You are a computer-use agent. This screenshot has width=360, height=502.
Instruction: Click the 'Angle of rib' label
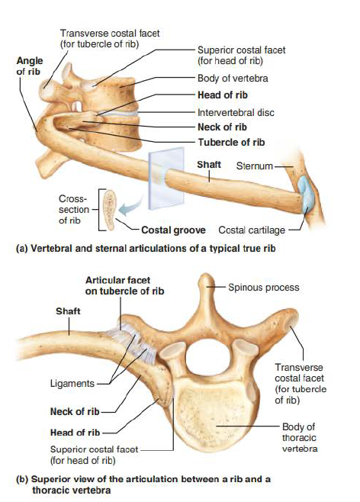(x=30, y=66)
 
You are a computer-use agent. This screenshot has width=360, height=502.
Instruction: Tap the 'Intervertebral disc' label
(x=236, y=112)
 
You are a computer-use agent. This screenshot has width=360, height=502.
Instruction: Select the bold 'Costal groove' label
(x=173, y=230)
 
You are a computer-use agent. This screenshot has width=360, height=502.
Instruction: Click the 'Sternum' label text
(x=255, y=166)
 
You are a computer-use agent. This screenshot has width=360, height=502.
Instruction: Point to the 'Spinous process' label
(x=264, y=287)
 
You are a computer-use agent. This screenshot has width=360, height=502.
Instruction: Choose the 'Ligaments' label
(x=72, y=383)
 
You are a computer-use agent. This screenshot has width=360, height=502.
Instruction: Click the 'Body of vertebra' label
(x=233, y=79)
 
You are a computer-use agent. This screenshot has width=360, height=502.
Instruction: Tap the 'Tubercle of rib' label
(x=231, y=142)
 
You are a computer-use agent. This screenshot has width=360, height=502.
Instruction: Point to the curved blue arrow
(x=130, y=208)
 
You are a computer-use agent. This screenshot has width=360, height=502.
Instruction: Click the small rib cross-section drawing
(x=110, y=209)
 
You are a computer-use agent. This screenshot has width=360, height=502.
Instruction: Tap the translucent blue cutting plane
(x=166, y=178)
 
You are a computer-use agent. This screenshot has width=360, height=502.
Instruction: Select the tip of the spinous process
(x=206, y=275)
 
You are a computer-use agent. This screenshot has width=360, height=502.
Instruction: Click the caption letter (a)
(x=22, y=249)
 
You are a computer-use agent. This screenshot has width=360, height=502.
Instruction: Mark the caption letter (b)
(x=22, y=479)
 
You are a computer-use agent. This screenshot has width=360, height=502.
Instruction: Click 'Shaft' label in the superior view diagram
(x=68, y=311)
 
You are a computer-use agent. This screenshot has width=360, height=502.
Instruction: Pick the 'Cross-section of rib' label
(x=73, y=209)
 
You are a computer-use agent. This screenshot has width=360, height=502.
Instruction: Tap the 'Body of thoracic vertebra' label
(x=299, y=438)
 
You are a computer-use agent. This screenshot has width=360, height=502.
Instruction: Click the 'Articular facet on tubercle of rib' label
(x=124, y=285)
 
